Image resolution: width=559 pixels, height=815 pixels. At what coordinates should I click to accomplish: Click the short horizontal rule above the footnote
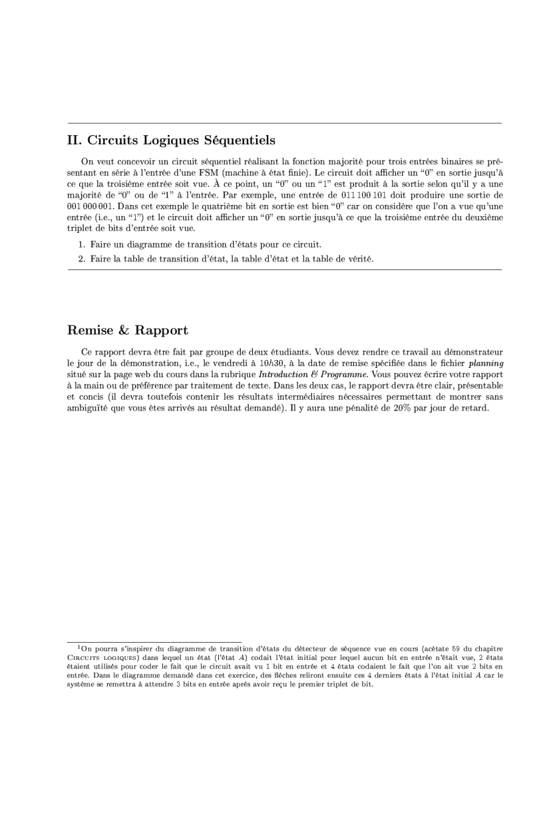pos(154,641)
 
